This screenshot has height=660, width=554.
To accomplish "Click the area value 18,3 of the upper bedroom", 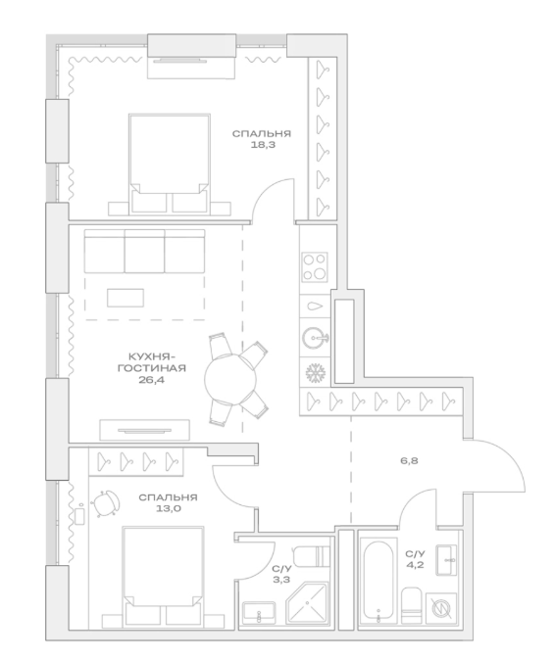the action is (263, 145).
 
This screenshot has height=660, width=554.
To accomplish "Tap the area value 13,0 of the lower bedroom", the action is (169, 508).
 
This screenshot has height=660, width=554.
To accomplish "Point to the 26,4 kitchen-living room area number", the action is (152, 380).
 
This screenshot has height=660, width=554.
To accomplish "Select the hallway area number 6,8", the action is (409, 460).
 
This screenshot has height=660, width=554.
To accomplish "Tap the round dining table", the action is (230, 379).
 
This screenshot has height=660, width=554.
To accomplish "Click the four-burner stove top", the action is (315, 267).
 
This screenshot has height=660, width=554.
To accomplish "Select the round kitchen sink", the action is (314, 338).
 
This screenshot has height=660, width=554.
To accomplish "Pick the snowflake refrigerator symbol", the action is (314, 373).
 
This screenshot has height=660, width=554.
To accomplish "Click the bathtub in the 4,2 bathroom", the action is (378, 582).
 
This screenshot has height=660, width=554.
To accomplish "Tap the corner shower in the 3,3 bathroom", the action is (307, 603).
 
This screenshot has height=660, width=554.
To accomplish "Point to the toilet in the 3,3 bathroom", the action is (311, 556).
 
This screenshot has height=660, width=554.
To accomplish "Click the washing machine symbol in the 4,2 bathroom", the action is (441, 609).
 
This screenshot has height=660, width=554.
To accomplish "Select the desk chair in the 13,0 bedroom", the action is (106, 503).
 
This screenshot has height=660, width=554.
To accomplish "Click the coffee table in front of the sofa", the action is (126, 298).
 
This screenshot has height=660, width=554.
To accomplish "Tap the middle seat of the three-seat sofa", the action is (144, 252).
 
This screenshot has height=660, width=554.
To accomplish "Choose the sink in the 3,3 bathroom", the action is (259, 613).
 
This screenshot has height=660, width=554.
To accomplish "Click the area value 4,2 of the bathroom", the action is (415, 565).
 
